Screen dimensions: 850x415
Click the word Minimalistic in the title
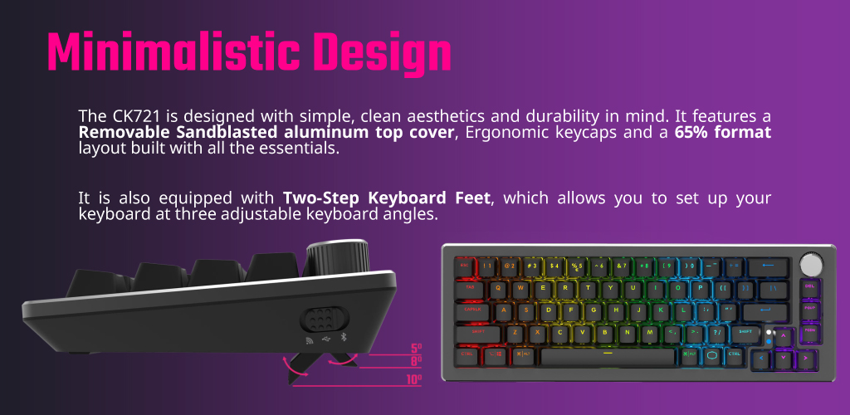(x=173, y=52)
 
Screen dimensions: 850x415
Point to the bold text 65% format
(x=723, y=132)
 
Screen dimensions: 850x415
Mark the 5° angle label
(x=417, y=349)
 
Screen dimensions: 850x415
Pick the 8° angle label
(x=417, y=361)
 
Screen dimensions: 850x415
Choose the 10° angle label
(x=413, y=379)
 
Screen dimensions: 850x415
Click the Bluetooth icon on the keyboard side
(x=343, y=339)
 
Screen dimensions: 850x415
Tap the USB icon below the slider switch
(x=325, y=339)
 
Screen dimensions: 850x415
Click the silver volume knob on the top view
(x=811, y=265)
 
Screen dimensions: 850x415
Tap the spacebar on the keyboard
(x=608, y=357)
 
